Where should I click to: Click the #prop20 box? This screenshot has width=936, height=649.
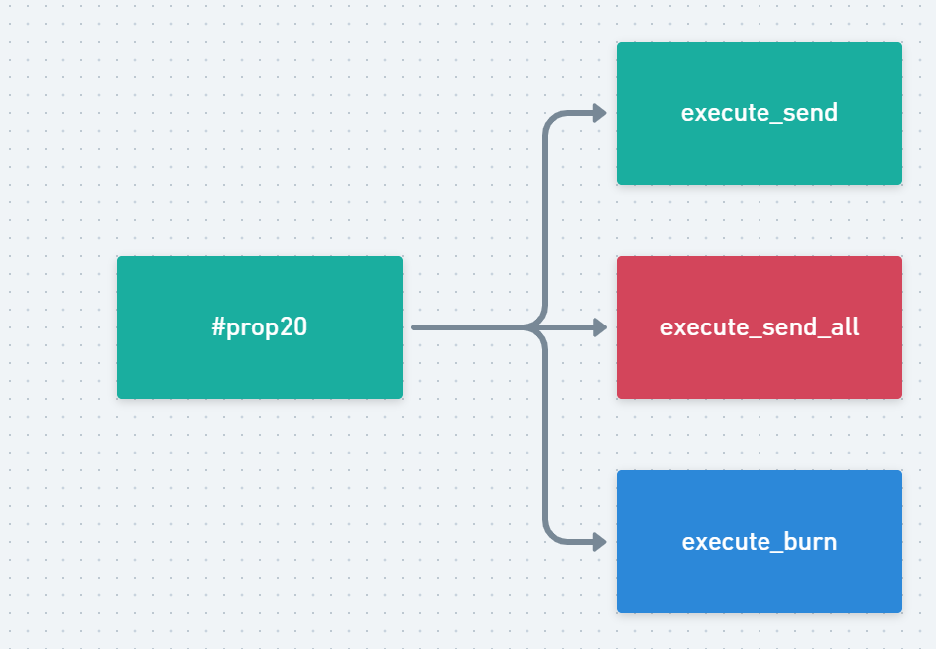pyautogui.click(x=260, y=327)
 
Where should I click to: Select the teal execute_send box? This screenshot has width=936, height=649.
pyautogui.click(x=760, y=113)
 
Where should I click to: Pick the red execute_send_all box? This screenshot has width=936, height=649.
pyautogui.click(x=760, y=327)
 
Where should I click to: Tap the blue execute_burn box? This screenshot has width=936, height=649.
pyautogui.click(x=760, y=542)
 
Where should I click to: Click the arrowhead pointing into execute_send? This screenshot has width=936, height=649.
pyautogui.click(x=599, y=113)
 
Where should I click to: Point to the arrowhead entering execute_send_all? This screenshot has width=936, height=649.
pyautogui.click(x=599, y=327)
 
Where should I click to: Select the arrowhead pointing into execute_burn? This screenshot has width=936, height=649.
pyautogui.click(x=599, y=542)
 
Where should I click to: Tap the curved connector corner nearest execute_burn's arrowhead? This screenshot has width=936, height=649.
pyautogui.click(x=551, y=536)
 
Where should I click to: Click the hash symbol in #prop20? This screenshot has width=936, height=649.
pyautogui.click(x=218, y=326)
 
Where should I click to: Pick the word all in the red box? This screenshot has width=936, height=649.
pyautogui.click(x=845, y=326)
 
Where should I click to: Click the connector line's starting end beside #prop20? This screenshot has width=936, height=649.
pyautogui.click(x=414, y=327)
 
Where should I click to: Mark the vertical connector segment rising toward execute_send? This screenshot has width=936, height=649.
pyautogui.click(x=545, y=221)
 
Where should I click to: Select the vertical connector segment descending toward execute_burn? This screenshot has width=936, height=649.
pyautogui.click(x=545, y=434)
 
